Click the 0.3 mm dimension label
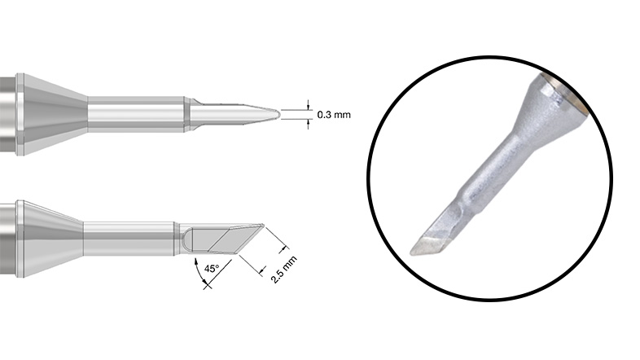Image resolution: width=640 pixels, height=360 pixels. click(334, 115)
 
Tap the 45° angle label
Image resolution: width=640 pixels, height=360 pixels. click(213, 266)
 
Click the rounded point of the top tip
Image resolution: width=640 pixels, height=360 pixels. click(278, 114)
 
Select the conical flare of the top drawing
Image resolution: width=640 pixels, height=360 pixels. click(53, 114)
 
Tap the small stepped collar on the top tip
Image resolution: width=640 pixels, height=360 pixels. click(190, 114)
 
